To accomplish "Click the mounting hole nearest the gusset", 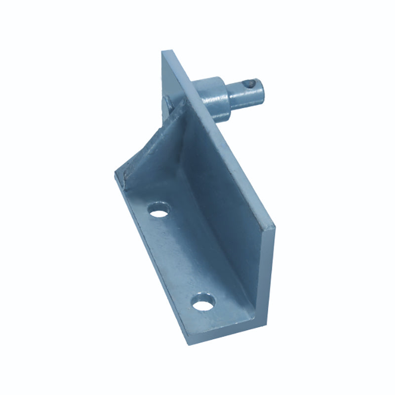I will coord(158,210).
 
